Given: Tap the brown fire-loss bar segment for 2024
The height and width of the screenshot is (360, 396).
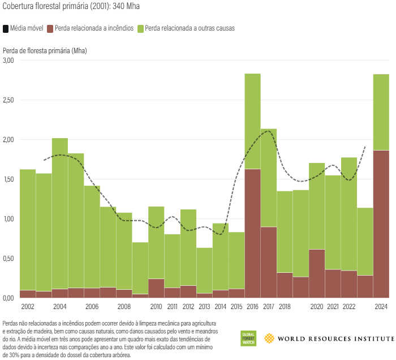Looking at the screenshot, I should coord(381,224).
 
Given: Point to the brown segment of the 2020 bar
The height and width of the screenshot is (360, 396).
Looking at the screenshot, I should coord(317,273).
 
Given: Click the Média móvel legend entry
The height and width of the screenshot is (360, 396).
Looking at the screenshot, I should coord(23,28).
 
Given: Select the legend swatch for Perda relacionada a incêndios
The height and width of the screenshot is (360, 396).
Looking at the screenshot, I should coord(50,28).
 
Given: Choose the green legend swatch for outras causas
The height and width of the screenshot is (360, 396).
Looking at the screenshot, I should coord(141,28).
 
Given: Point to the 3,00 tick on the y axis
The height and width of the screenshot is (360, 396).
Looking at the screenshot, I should coord(8,60).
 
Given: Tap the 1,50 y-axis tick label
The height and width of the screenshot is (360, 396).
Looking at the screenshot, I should coord(8,179).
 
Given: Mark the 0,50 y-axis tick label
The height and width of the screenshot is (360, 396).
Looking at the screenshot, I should coord(8,258).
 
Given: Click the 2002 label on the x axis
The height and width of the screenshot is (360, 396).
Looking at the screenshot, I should coord(28,306).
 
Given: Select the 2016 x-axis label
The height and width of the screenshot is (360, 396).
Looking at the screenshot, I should coord(252,306).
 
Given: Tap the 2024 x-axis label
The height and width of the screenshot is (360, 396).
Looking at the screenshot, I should coord(381,306).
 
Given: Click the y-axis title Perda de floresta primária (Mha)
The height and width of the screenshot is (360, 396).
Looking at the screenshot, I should coord(45,50).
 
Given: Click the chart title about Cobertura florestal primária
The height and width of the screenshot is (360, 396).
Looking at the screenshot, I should coord(71,7).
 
